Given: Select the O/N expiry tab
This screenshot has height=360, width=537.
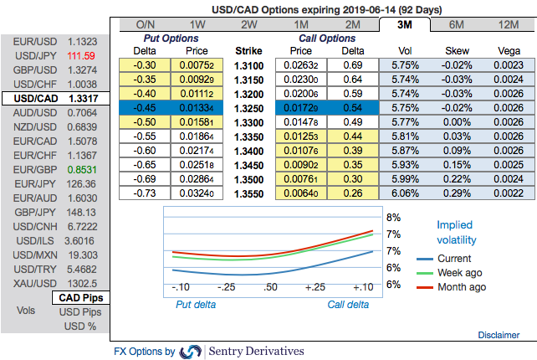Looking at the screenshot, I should point(146,24).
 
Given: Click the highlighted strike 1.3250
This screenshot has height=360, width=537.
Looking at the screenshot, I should point(248,109).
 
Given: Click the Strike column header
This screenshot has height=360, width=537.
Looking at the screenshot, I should point(248,50).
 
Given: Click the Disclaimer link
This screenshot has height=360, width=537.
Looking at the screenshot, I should point(499,335).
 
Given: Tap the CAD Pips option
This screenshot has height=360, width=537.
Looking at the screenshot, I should point(79,297).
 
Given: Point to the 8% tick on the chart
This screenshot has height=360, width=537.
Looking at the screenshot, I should point(392,218).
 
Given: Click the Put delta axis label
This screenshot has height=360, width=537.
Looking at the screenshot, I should point(195,304).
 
